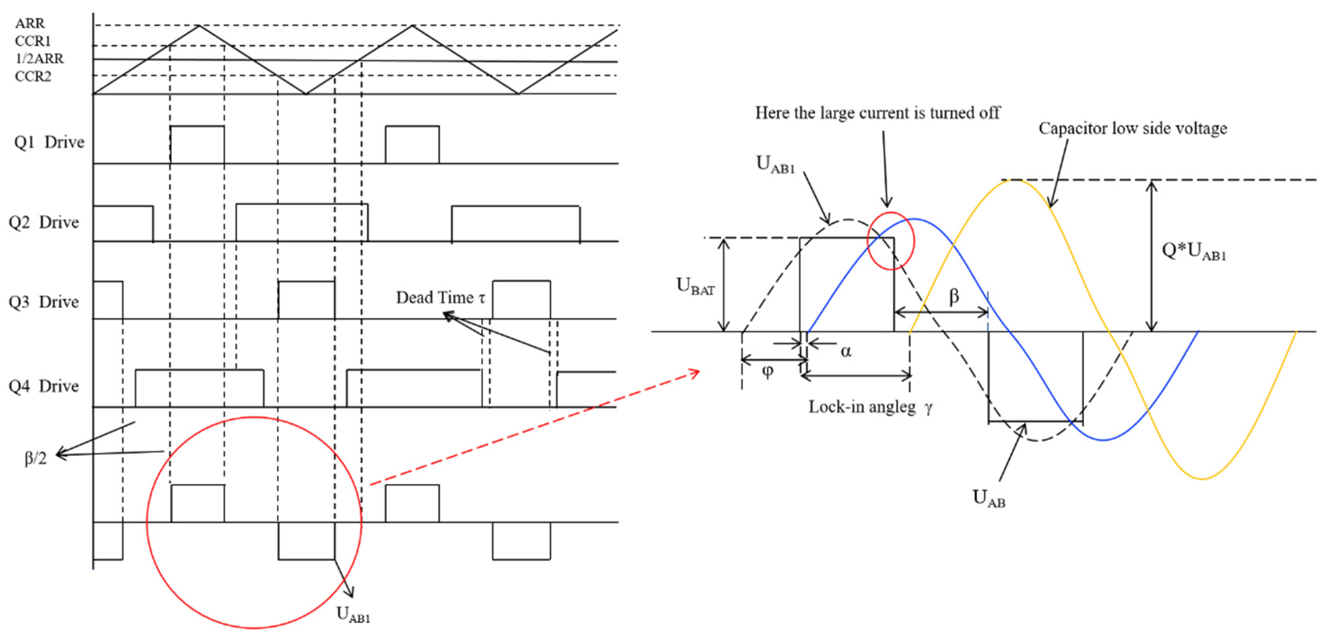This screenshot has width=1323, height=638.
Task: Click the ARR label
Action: click(x=30, y=23)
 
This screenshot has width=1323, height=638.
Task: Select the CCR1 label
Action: click(x=33, y=41)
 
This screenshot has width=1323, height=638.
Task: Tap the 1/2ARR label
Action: click(x=40, y=58)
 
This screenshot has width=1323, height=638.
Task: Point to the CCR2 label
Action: click(x=33, y=76)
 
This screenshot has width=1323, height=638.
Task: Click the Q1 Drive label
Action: click(x=49, y=142)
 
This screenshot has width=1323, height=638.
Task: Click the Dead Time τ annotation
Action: click(x=440, y=298)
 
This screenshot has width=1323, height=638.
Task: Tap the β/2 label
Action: click(x=35, y=458)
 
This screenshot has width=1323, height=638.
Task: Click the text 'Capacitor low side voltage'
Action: click(x=1133, y=129)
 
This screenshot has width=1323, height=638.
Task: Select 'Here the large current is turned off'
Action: click(x=877, y=113)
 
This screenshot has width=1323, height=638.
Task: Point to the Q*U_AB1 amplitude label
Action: click(x=1194, y=251)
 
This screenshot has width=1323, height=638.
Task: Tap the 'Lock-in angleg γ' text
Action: click(x=870, y=407)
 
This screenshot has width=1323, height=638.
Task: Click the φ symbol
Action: click(x=767, y=371)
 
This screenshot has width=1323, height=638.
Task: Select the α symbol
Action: click(x=845, y=352)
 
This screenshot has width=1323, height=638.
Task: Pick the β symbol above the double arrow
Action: click(x=954, y=296)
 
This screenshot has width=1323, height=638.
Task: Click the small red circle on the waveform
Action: click(x=890, y=241)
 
